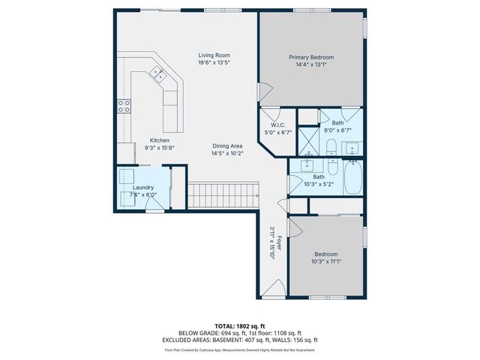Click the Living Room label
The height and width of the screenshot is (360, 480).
pos(214,55)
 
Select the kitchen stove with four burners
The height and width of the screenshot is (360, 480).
pos(124,106)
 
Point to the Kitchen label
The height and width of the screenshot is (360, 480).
pos(159,140)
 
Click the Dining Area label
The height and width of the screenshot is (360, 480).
pos(226,146)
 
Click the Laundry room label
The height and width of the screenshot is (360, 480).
pos(143,187)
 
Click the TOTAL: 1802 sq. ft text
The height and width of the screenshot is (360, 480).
pos(239,326)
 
